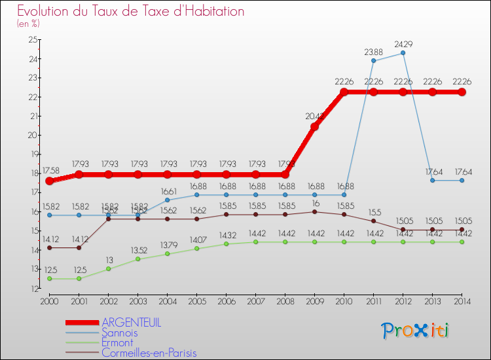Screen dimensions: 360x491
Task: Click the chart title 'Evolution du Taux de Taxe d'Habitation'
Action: (x=131, y=12)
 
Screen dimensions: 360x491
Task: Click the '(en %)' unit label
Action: (x=28, y=24)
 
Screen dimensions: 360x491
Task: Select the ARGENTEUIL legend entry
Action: (x=131, y=323)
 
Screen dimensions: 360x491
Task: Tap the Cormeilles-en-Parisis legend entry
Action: (x=149, y=353)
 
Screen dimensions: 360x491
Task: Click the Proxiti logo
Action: (x=416, y=331)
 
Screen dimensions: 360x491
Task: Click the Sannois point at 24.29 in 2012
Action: (x=403, y=53)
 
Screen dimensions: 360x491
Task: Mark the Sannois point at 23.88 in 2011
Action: (x=373, y=61)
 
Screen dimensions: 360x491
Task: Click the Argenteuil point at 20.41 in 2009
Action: (x=314, y=127)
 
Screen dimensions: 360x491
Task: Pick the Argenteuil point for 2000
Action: (x=49, y=181)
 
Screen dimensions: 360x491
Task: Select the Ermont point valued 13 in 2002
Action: (x=108, y=269)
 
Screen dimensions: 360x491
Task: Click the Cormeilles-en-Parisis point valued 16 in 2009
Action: (x=314, y=211)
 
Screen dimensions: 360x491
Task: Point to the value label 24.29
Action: (x=403, y=44)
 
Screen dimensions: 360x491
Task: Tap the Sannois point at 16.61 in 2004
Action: (x=167, y=200)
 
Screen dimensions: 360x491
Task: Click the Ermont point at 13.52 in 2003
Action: (x=137, y=259)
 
